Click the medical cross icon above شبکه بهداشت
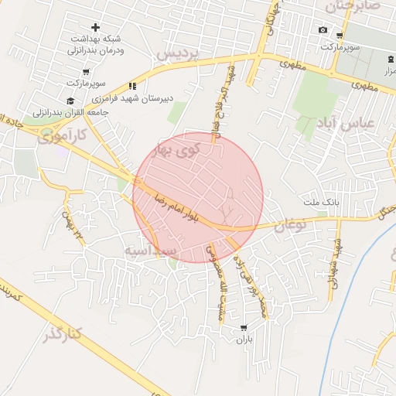[x=95, y=28]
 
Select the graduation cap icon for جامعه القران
[x=70, y=101]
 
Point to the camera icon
[x=323, y=30]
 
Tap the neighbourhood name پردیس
[x=179, y=53]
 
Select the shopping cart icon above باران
[x=244, y=328]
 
